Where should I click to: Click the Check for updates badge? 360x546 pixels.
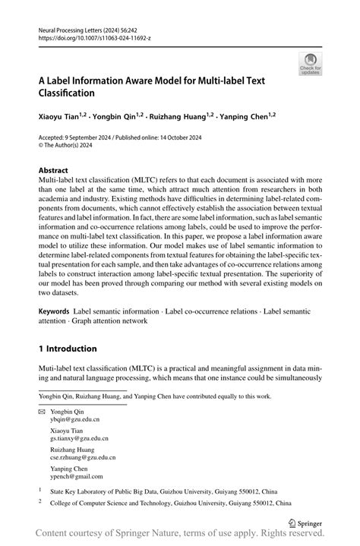(309, 65)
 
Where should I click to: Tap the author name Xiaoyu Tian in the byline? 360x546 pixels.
(56, 117)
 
